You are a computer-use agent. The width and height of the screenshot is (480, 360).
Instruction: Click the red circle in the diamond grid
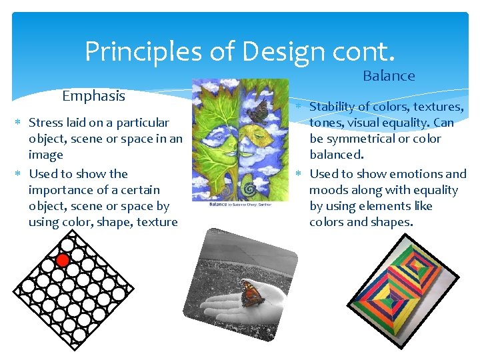pyautogui.click(x=63, y=259)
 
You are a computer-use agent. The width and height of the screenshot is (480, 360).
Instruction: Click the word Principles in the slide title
pyautogui.click(x=137, y=51)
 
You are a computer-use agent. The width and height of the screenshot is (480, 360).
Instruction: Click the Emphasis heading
pyautogui.click(x=93, y=96)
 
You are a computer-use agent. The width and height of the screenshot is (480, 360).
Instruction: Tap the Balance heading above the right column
pyautogui.click(x=389, y=76)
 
